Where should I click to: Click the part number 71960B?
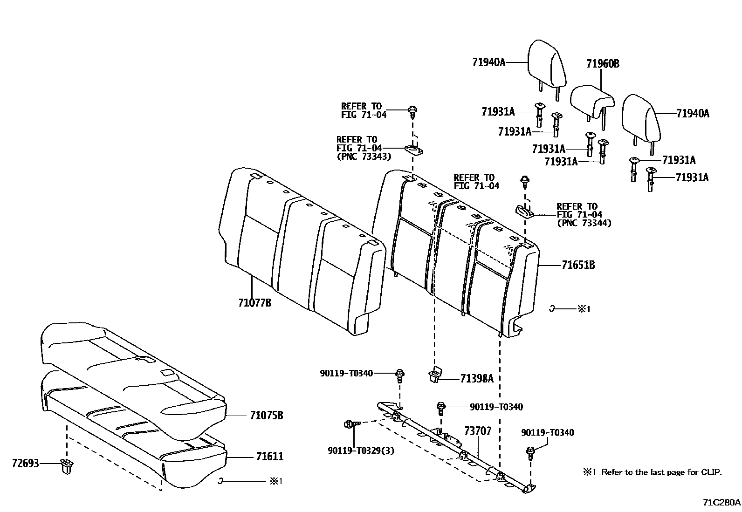tap(603, 64)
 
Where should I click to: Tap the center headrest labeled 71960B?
tap(591, 100)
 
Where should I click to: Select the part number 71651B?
tap(578, 266)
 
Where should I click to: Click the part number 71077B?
tap(254, 303)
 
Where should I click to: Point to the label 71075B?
tap(266, 416)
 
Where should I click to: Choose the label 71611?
tap(269, 457)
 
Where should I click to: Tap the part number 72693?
tap(25, 464)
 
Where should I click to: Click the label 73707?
tap(478, 431)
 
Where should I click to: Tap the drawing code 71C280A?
tap(721, 503)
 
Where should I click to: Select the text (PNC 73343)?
tap(364, 157)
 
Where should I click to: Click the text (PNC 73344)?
tap(584, 223)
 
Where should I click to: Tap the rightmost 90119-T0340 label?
tap(547, 433)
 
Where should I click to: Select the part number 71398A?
tap(476, 379)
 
